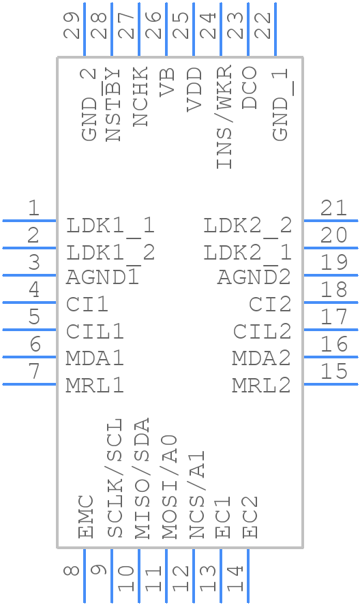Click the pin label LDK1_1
click(110, 226)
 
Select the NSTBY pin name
click(113, 105)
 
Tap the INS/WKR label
click(224, 117)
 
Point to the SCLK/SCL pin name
click(115, 478)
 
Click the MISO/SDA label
click(142, 478)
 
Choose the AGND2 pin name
click(254, 277)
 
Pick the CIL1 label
click(95, 332)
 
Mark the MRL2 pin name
click(262, 386)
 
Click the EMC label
click(86, 516)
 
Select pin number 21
click(333, 208)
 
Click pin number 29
click(72, 26)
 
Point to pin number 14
click(235, 578)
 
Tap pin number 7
click(34, 371)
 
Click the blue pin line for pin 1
click(29, 221)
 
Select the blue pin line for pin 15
click(331, 384)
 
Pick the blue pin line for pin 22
click(275, 29)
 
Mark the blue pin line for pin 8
click(85, 576)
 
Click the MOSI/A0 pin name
click(169, 487)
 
